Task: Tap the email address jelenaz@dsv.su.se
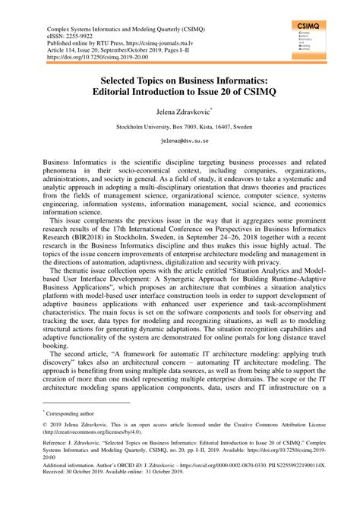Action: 179,141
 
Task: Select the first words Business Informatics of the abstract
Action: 74,163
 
